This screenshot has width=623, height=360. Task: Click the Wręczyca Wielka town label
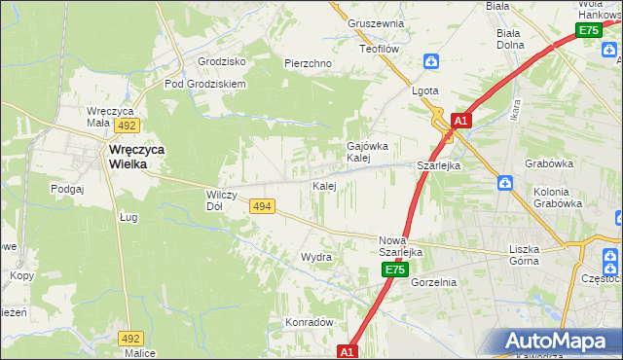coord(128,157)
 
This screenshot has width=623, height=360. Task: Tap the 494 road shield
coord(261,206)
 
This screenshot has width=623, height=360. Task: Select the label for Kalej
coord(324,185)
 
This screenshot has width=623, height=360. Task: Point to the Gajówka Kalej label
coord(368,152)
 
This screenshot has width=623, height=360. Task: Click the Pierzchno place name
coord(308,63)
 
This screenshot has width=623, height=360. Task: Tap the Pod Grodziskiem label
coord(205,84)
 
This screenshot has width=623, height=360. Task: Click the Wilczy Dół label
coord(222,200)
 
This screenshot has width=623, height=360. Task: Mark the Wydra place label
coord(316,257)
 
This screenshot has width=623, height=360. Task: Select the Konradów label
coord(310,321)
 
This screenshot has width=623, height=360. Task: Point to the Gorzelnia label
coord(433,282)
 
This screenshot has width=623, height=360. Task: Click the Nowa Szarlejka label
coord(400,246)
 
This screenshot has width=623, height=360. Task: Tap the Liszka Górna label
coord(531,255)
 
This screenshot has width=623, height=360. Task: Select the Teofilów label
coord(381,48)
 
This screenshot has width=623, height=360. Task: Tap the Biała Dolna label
coord(509,38)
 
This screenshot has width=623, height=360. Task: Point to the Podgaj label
coord(67,189)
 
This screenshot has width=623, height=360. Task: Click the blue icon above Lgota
coord(431,62)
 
